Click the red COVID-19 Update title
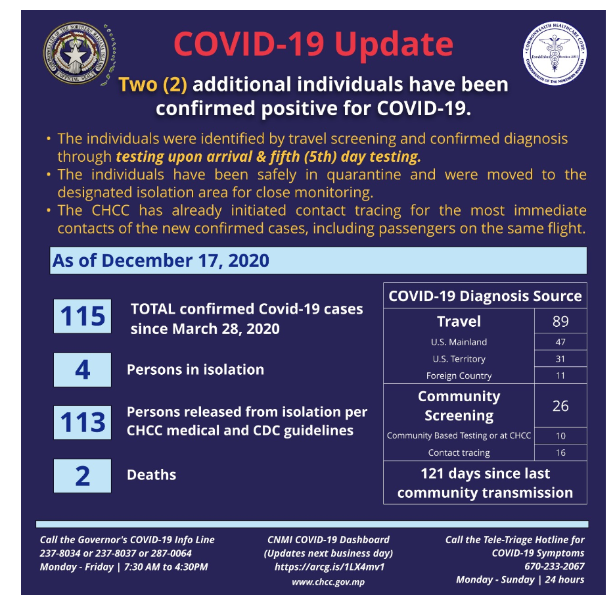point(313,43)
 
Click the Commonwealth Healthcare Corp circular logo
point(555,53)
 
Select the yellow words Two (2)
point(152,84)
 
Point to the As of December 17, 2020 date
point(161,260)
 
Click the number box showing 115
point(82,316)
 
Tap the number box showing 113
point(82,422)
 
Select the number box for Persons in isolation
point(82,370)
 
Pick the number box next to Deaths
point(82,475)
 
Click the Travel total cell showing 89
point(560,321)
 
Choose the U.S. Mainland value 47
point(560,342)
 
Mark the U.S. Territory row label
point(459,359)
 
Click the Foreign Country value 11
point(560,375)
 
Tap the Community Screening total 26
point(560,406)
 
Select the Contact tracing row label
point(459,452)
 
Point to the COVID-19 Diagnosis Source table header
point(485,296)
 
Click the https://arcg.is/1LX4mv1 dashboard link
point(329,567)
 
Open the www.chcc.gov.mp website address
point(329,582)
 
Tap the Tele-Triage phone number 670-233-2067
point(554,566)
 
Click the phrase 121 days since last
point(485,473)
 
